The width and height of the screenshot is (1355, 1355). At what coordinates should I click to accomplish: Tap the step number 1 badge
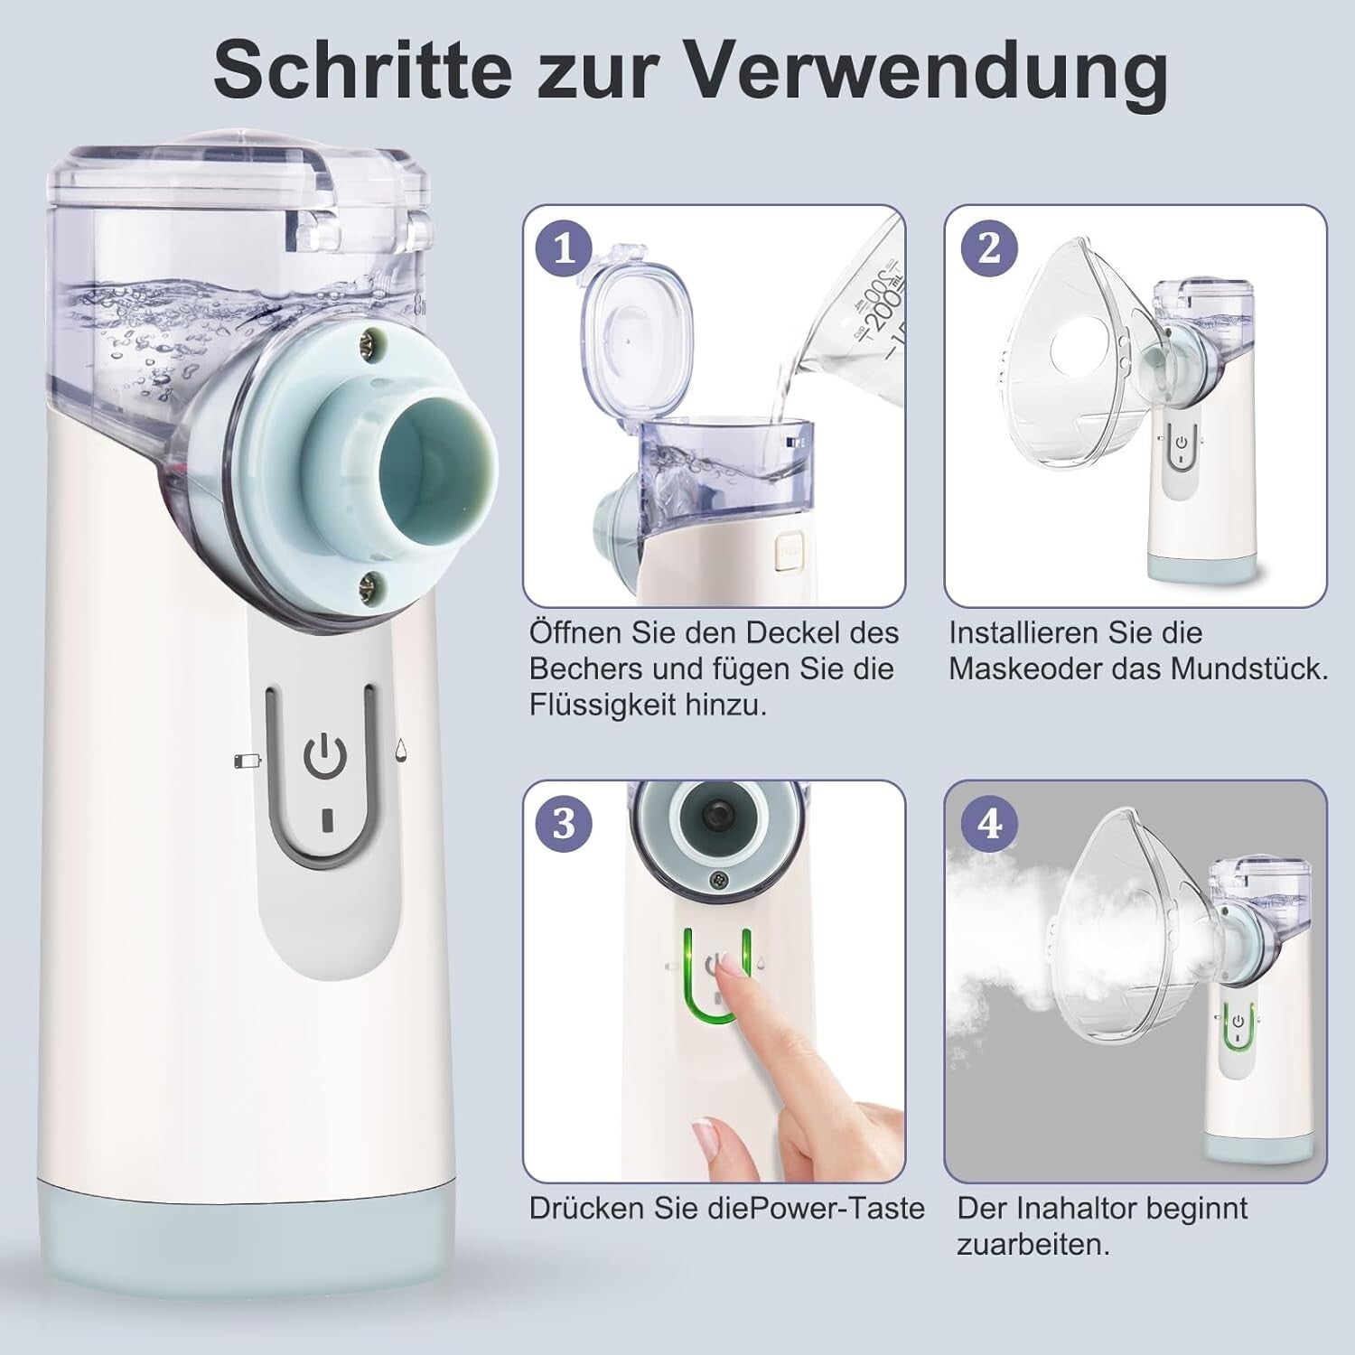(x=565, y=248)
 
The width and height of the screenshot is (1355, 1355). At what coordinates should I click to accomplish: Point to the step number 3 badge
(x=565, y=823)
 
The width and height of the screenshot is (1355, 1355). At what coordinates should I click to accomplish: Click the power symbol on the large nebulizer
(x=324, y=757)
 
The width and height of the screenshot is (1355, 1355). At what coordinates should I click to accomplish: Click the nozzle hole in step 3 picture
(x=714, y=814)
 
